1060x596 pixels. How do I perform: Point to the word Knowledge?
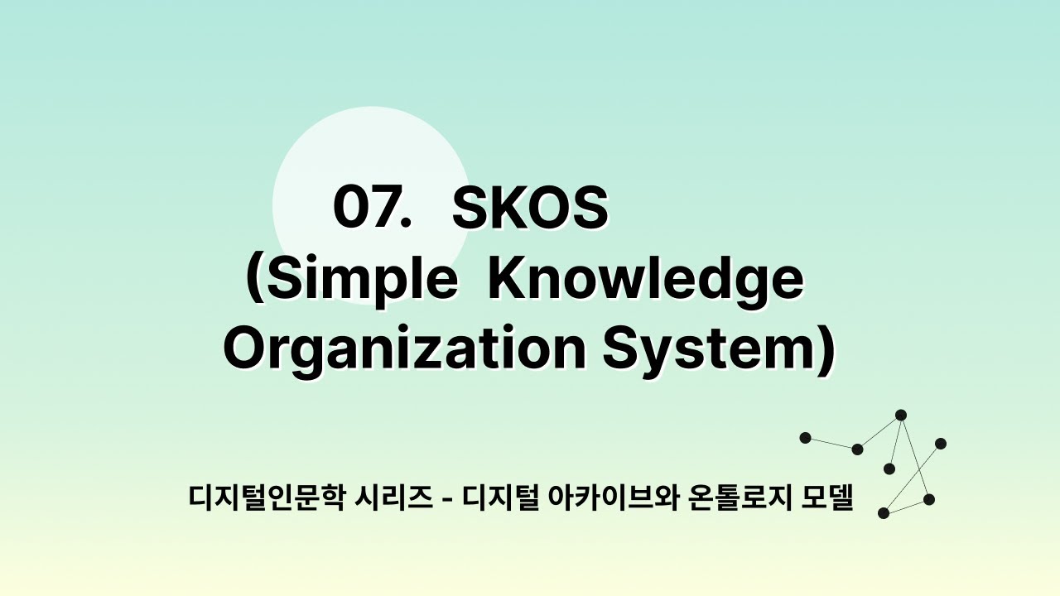pos(645,280)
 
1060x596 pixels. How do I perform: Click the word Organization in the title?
pos(403,349)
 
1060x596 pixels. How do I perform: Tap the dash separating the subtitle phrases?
pos(447,499)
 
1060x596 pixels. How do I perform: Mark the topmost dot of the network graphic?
pos(901,415)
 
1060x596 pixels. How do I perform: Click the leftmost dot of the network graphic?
pos(805,437)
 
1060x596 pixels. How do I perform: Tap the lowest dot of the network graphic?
pos(884,513)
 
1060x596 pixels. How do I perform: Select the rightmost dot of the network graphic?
pos(941,444)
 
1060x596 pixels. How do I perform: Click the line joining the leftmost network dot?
pos(831,443)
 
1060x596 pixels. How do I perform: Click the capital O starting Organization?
pos(244,349)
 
